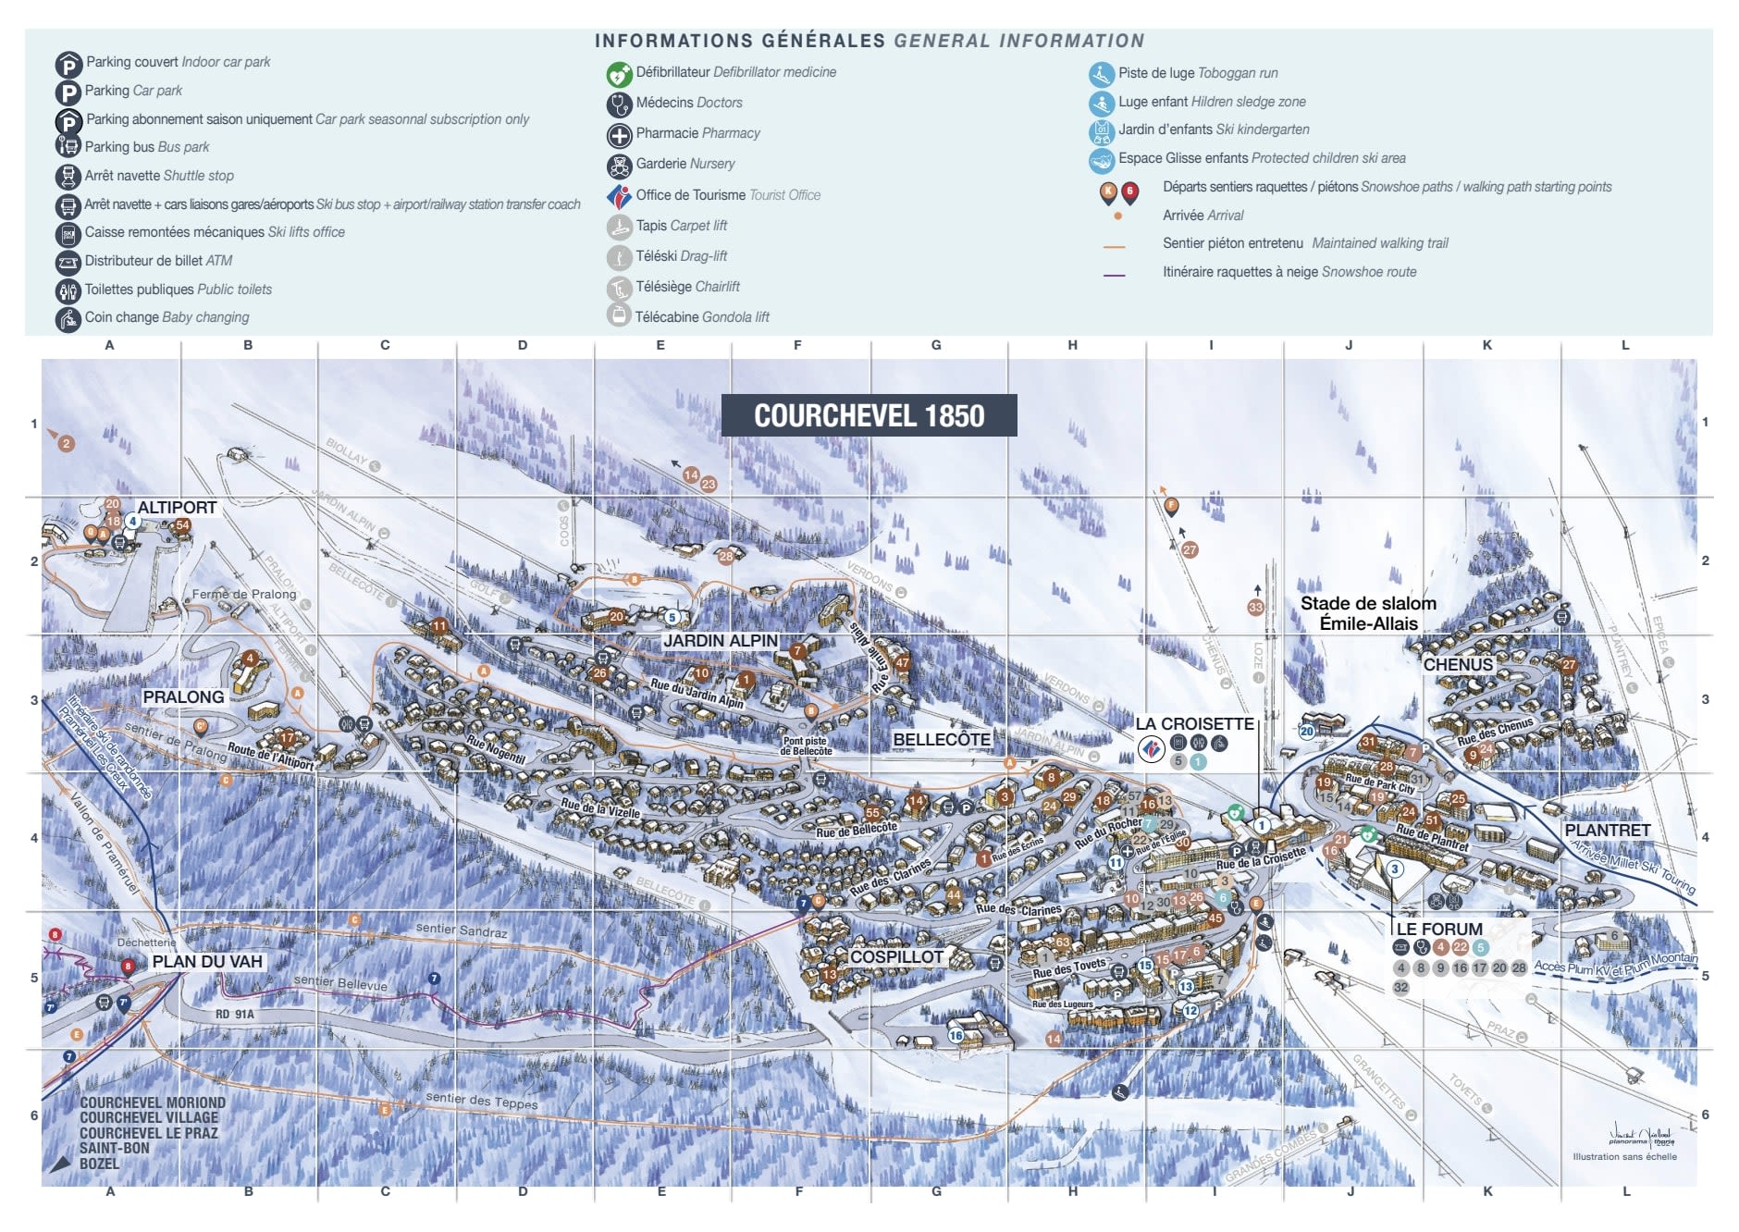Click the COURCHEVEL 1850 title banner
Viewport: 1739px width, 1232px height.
869,415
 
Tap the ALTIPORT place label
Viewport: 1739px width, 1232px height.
177,507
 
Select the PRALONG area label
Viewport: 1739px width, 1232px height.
183,696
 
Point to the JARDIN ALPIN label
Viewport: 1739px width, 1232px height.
721,640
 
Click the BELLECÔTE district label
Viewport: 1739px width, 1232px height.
941,739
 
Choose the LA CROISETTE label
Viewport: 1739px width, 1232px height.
1194,723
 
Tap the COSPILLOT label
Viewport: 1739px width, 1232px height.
896,956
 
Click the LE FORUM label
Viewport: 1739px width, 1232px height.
1438,928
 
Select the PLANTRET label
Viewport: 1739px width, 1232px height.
1607,830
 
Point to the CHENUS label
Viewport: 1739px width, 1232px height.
1458,664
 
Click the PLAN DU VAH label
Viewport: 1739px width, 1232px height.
207,961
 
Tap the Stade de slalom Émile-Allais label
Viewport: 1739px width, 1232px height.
1368,613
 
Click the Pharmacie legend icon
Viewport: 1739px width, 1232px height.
619,135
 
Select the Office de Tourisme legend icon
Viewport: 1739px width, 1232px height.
619,196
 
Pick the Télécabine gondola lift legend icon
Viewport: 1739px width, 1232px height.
619,315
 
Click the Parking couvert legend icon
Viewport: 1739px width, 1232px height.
68,65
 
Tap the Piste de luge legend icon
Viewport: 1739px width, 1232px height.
1101,74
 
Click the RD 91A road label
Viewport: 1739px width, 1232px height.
234,1014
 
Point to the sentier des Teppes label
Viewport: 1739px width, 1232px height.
481,1100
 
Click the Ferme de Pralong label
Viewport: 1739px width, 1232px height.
244,594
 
